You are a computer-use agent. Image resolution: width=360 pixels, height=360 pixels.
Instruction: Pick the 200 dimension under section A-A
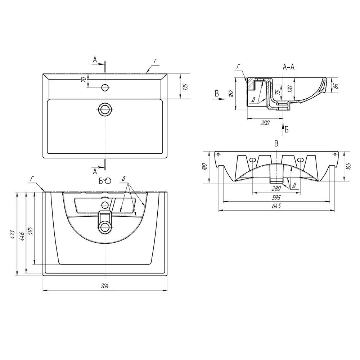tap(265, 123)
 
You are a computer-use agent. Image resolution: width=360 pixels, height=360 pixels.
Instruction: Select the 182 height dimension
tap(231, 93)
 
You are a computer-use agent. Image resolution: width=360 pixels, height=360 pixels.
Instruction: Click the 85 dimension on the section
tap(336, 86)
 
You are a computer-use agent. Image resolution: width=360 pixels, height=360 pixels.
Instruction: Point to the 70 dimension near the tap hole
tap(83, 80)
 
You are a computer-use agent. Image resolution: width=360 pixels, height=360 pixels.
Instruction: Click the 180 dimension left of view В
tap(204, 167)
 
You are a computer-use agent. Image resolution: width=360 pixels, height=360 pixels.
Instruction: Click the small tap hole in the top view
tap(105, 87)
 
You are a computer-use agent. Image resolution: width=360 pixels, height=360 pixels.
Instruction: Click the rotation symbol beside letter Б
tap(108, 181)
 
